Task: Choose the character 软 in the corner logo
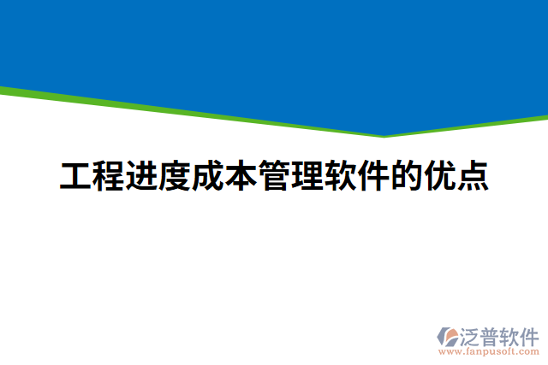[x=510, y=334]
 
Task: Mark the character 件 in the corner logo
[x=530, y=334]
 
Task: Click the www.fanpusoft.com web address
[x=488, y=350]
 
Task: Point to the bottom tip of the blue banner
[x=384, y=133]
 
